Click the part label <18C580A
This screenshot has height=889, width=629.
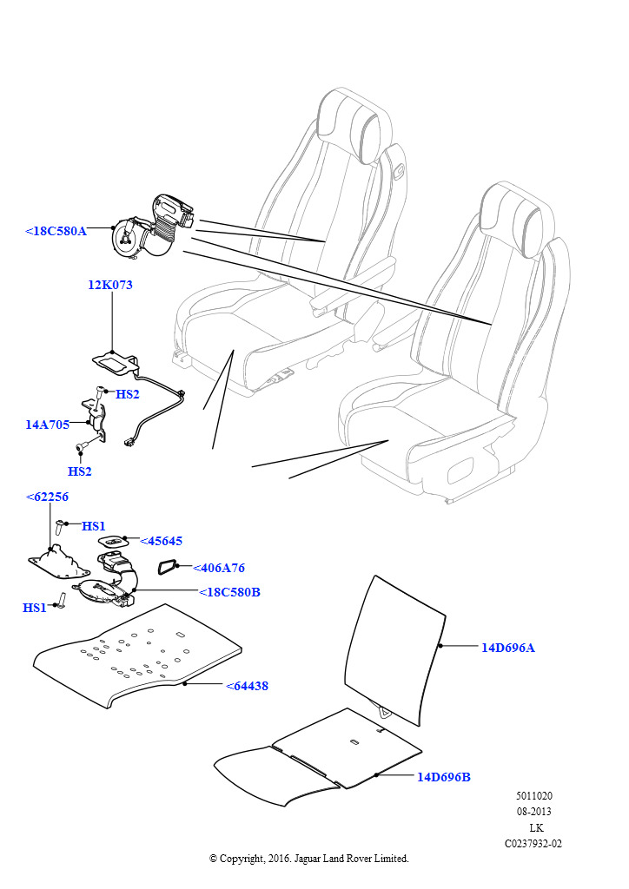[56, 231]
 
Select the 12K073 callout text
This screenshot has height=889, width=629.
[110, 285]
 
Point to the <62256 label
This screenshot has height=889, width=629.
[47, 497]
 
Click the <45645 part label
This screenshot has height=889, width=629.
[161, 541]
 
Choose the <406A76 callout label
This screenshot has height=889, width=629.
[218, 568]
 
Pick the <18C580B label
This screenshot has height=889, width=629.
[229, 592]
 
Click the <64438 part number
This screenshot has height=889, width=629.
[247, 686]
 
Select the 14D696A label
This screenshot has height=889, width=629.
[508, 647]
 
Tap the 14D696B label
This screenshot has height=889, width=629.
[444, 777]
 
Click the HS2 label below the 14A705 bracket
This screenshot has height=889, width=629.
[79, 471]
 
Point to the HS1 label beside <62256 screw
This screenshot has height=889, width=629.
[94, 526]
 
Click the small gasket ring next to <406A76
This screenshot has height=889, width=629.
[167, 569]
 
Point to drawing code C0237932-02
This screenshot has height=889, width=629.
[533, 843]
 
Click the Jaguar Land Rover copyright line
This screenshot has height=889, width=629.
[308, 859]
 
